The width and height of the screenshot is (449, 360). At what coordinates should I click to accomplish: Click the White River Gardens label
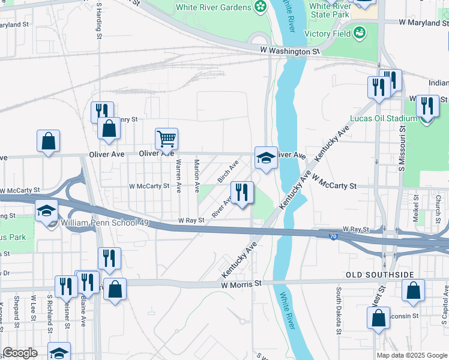coord(213,7)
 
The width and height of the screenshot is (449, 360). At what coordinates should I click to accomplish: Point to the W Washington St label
coord(289,52)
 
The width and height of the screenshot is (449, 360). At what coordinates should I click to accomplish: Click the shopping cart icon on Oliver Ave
coord(166,139)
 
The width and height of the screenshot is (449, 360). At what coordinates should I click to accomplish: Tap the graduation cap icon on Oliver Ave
coord(266,158)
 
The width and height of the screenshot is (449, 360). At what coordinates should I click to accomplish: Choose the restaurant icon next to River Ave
coord(242,193)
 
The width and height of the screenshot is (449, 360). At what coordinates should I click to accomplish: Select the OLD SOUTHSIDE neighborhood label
coord(379,275)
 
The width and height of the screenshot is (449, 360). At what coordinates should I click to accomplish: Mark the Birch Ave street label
coord(228,171)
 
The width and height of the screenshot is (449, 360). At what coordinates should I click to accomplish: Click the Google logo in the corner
coord(20,353)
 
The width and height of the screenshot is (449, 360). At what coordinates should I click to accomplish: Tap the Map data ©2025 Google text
coord(411,355)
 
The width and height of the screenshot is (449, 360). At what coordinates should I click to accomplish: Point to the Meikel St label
coord(415,207)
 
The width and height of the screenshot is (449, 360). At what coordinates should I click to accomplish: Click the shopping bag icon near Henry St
coord(109,128)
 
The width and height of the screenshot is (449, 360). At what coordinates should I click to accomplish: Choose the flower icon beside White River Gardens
coord(260,7)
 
